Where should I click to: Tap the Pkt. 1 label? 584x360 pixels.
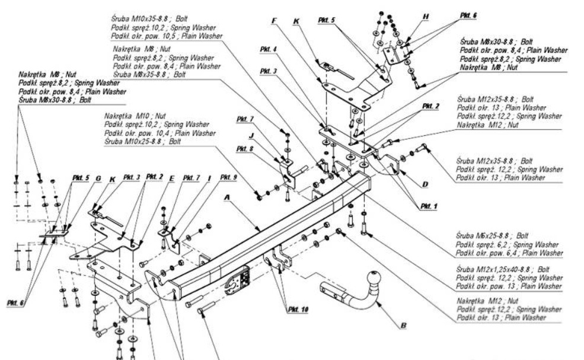tap(428, 206)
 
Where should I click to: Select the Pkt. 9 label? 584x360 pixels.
tap(228, 177)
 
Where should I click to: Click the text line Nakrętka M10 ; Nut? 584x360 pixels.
tap(128, 117)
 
